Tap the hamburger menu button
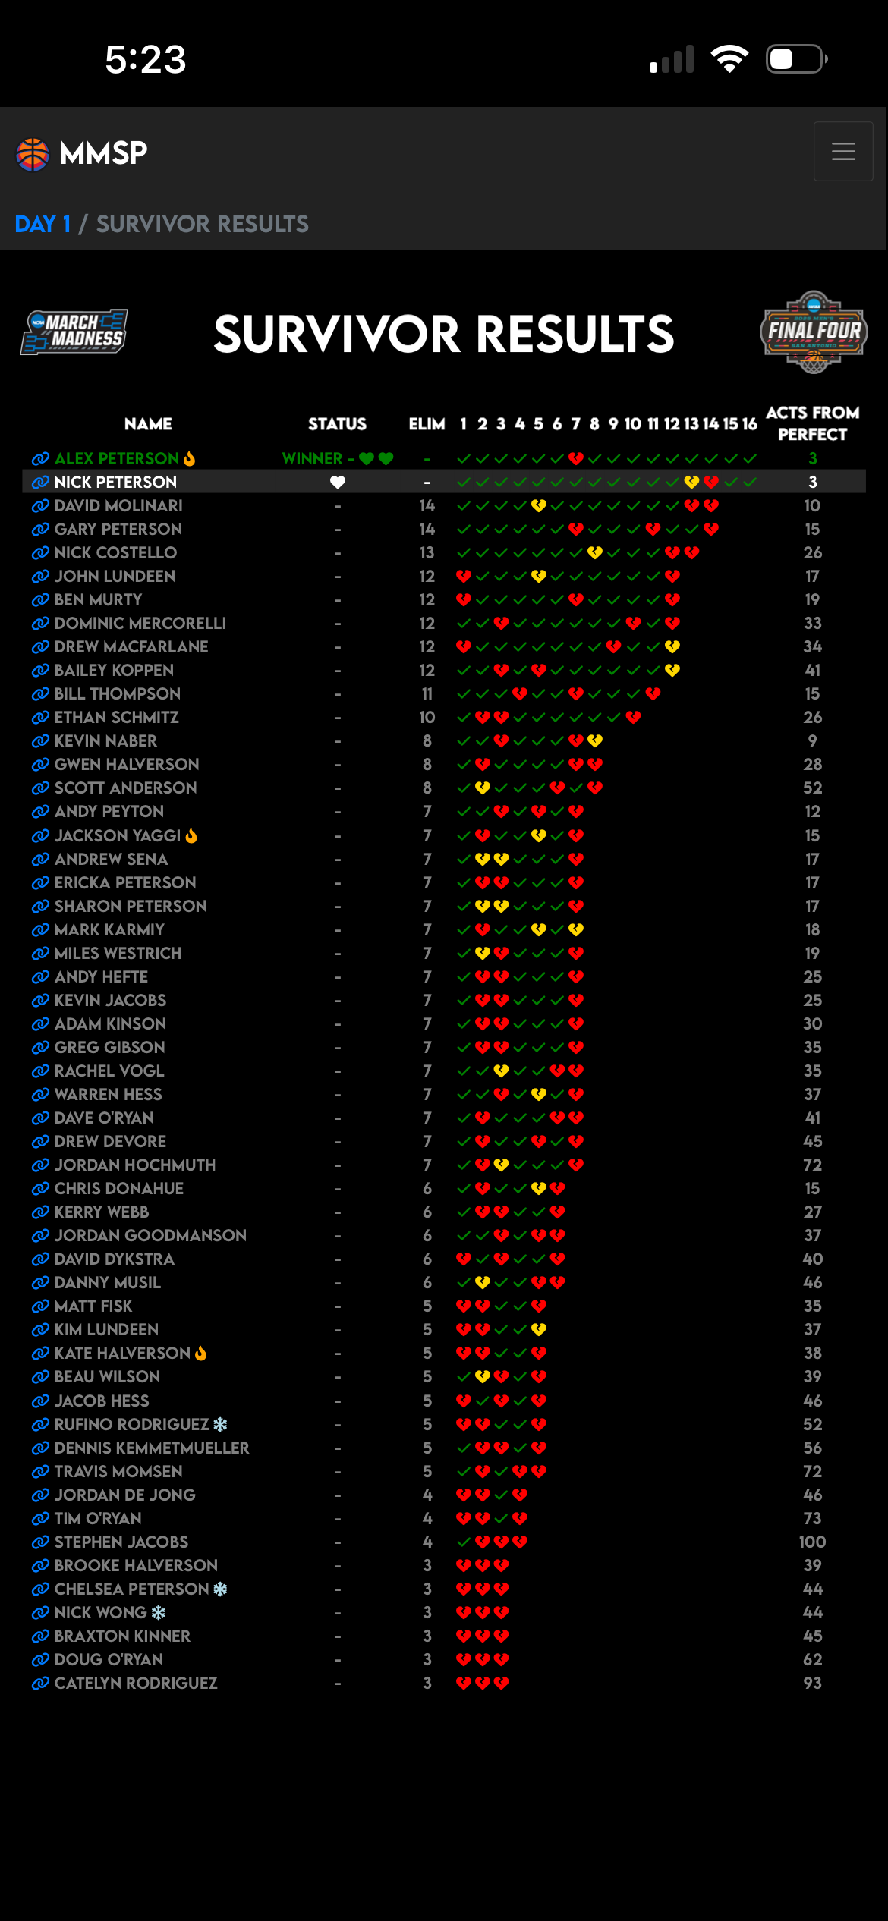click(843, 152)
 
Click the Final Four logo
click(814, 332)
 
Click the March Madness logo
click(74, 332)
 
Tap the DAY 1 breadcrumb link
click(43, 224)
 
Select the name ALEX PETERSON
click(117, 458)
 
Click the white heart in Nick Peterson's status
click(338, 482)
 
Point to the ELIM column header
click(427, 424)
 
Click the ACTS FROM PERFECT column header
click(812, 423)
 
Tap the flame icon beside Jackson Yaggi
click(191, 835)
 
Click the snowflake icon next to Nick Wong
click(159, 1612)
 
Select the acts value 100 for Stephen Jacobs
click(812, 1542)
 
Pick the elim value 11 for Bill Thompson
click(427, 693)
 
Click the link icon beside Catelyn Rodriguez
click(40, 1683)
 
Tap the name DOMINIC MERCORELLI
click(140, 623)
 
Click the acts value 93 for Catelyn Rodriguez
click(812, 1683)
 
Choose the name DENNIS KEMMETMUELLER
click(152, 1448)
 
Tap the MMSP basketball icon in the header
click(33, 154)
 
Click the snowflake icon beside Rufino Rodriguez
click(220, 1424)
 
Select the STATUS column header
click(337, 424)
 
